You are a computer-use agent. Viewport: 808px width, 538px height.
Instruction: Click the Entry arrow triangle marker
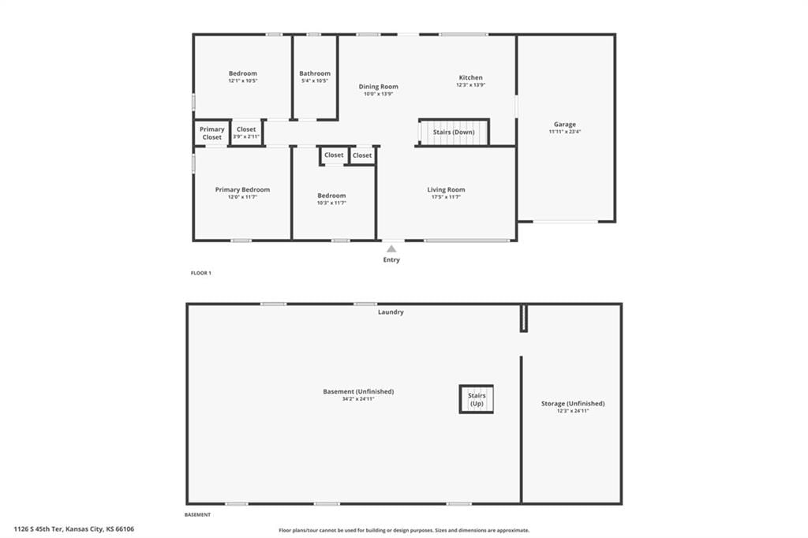(391, 249)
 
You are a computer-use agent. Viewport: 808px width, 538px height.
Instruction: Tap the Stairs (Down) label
(454, 132)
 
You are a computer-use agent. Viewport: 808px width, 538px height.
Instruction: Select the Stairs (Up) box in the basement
(477, 399)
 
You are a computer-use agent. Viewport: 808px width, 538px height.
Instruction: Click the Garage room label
(565, 124)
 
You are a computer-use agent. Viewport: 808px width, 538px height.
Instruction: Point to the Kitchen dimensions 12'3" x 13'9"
(470, 85)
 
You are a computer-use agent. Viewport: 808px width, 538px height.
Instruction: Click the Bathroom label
(315, 73)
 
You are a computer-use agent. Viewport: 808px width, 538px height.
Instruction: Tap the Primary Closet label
(211, 133)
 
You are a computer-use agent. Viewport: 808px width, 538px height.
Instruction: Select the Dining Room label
(378, 87)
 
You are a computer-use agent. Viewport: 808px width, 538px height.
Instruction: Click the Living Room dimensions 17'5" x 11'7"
(446, 197)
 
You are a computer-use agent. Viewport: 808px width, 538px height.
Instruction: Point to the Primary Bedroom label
(242, 189)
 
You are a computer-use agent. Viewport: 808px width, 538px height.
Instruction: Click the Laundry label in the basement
(391, 312)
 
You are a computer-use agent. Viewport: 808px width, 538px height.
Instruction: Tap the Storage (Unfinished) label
(573, 404)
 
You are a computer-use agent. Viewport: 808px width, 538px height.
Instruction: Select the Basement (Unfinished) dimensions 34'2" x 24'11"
(358, 399)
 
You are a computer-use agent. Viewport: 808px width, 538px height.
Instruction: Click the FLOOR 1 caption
(201, 273)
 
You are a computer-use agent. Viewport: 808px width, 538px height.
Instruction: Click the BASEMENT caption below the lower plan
(197, 515)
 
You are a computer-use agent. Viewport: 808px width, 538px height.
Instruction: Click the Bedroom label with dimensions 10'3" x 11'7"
(331, 196)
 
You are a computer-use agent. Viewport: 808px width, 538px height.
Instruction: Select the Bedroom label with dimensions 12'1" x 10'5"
(243, 73)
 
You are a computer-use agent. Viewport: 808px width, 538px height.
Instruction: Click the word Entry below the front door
(391, 260)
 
